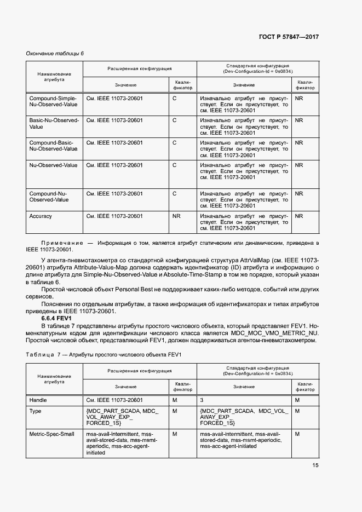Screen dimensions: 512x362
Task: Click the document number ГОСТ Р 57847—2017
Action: click(289, 37)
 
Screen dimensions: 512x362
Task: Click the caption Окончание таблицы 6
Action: click(55, 53)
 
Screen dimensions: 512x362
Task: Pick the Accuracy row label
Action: click(41, 216)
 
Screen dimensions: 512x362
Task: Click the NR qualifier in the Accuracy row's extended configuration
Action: click(176, 216)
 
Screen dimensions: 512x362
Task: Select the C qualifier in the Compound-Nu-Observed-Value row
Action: click(174, 193)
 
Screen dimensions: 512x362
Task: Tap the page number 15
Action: click(315, 465)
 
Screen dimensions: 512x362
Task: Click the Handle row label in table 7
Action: click(38, 400)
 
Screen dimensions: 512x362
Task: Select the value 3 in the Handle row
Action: click(202, 400)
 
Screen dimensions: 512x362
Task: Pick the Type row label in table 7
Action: click(35, 410)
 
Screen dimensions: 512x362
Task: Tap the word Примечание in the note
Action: click(58, 242)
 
